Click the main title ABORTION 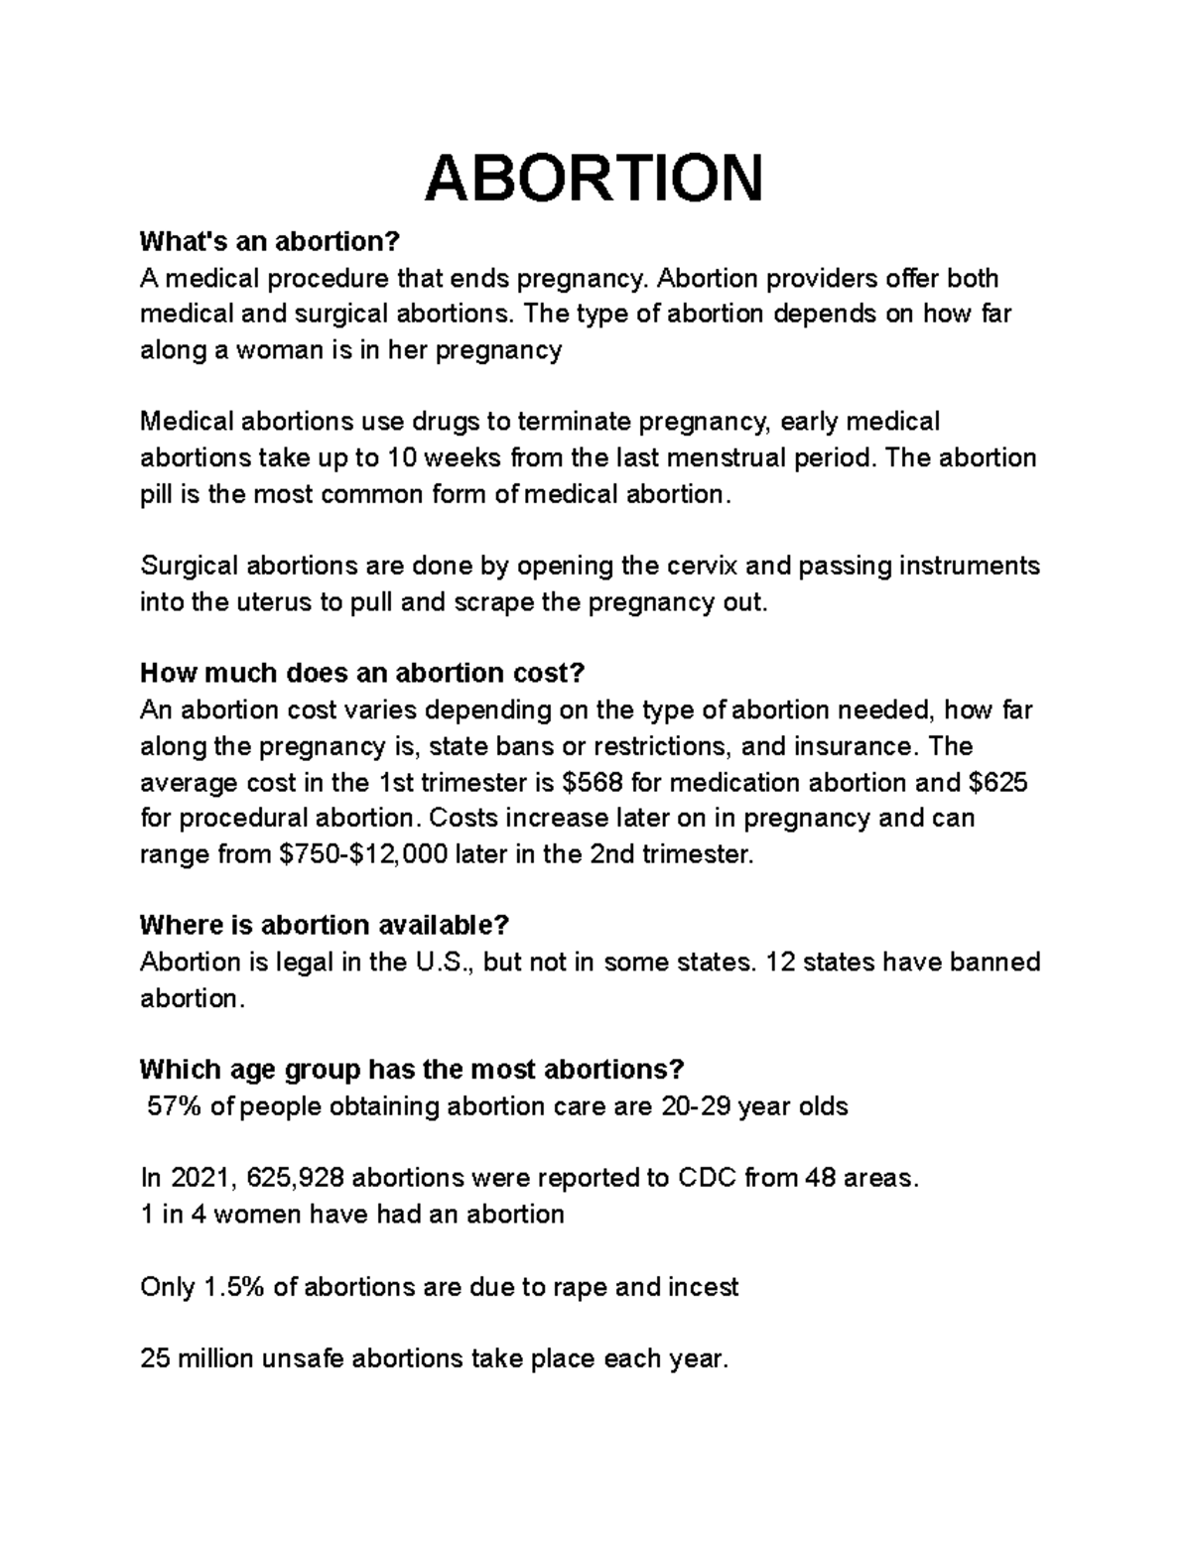595,179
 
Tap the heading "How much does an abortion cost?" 362,673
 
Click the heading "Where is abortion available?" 324,925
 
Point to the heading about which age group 412,1070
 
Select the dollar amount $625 997,782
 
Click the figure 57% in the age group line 175,1105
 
